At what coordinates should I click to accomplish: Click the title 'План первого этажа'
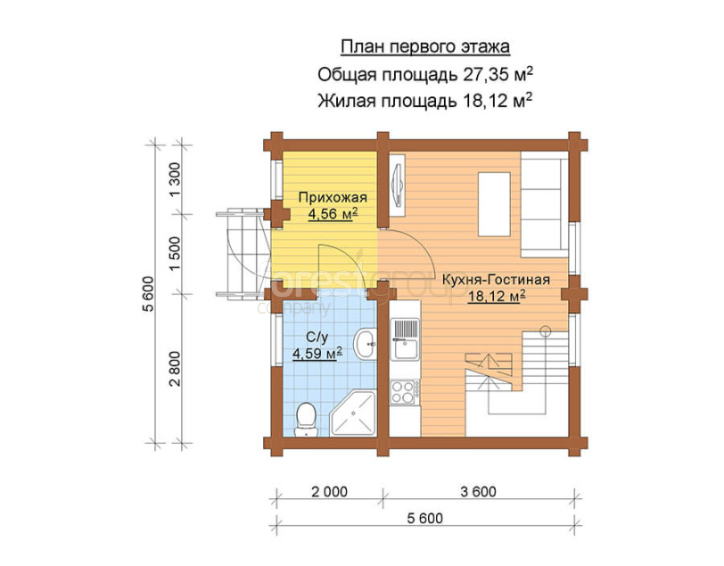tap(425, 47)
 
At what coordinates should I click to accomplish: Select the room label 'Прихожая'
tap(333, 198)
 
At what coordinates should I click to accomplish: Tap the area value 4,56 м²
tap(333, 214)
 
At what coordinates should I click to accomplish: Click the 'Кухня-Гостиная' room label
tap(496, 280)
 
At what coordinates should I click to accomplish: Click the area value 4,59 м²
tap(317, 354)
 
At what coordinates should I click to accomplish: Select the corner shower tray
tap(354, 413)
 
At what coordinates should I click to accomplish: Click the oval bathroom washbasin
tap(365, 343)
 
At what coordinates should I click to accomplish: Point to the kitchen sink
tap(405, 340)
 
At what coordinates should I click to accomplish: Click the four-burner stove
tap(405, 392)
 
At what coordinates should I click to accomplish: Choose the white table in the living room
tap(494, 204)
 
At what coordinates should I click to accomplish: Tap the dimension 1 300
tap(175, 179)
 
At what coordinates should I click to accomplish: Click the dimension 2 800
tap(175, 369)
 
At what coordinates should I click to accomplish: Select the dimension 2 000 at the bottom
tap(329, 492)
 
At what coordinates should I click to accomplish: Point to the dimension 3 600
tap(478, 492)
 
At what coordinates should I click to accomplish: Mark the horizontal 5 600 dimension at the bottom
tap(424, 518)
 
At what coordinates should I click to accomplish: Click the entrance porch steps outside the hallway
tap(243, 253)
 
